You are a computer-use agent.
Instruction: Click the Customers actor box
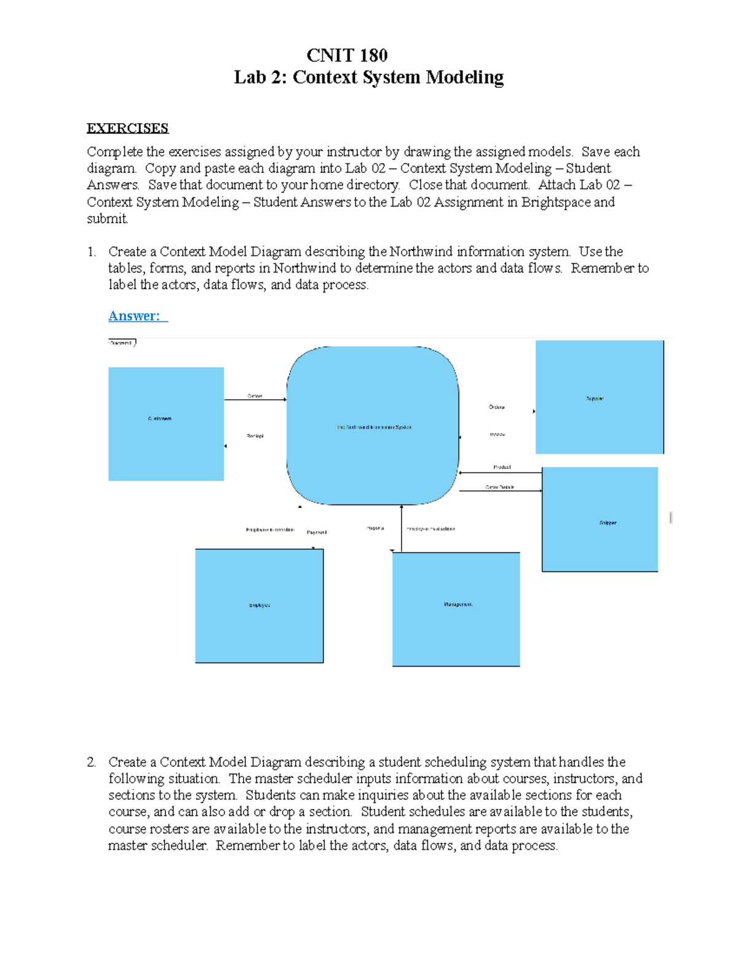pyautogui.click(x=166, y=424)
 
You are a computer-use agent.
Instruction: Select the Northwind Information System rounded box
pyautogui.click(x=373, y=426)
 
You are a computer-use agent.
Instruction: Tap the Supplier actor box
pyautogui.click(x=599, y=397)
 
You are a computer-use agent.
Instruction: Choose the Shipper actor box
pyautogui.click(x=600, y=520)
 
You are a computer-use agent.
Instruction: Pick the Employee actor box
pyautogui.click(x=259, y=606)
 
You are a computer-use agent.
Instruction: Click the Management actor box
pyautogui.click(x=456, y=609)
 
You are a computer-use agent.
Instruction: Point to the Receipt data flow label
pyautogui.click(x=255, y=436)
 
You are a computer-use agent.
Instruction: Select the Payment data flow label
pyautogui.click(x=317, y=532)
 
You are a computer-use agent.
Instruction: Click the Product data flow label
pyautogui.click(x=502, y=467)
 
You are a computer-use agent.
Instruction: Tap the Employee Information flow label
pyautogui.click(x=270, y=529)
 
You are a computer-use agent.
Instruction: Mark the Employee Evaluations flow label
pyautogui.click(x=430, y=529)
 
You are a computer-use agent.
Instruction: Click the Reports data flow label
pyautogui.click(x=375, y=528)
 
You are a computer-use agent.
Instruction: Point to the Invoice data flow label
pyautogui.click(x=498, y=434)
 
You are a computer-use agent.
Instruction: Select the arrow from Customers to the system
pyautogui.click(x=255, y=400)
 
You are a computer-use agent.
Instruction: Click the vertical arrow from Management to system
pyautogui.click(x=402, y=529)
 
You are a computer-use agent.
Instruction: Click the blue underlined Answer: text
pyautogui.click(x=137, y=316)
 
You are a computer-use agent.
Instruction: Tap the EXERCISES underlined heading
pyautogui.click(x=127, y=128)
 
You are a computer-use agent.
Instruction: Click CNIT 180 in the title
pyautogui.click(x=347, y=55)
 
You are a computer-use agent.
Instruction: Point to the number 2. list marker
pyautogui.click(x=91, y=762)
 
